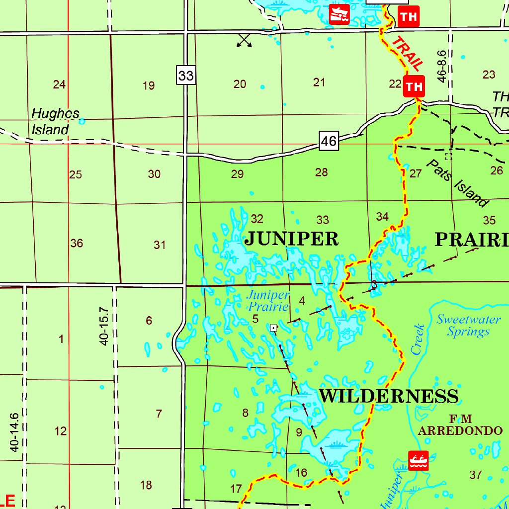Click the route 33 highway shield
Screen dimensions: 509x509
[x=186, y=76]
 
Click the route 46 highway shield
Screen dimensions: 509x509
[x=329, y=142]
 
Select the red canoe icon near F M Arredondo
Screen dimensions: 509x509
[x=419, y=460]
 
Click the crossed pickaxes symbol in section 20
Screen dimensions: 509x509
[x=244, y=41]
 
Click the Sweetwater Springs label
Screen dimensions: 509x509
[x=468, y=326]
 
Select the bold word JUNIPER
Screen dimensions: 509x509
[x=292, y=239]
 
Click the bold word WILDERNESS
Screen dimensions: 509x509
[x=388, y=396]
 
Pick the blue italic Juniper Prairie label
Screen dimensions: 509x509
[x=268, y=301]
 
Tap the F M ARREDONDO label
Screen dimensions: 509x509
[x=460, y=425]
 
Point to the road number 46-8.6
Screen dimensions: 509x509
[x=441, y=65]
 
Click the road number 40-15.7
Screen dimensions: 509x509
[x=104, y=326]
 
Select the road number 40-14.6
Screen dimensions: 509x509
[x=14, y=432]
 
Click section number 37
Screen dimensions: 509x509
[x=475, y=475]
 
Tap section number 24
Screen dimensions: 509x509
[x=59, y=85]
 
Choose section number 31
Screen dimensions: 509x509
[x=160, y=245]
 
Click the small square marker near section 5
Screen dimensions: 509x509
[x=273, y=328]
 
